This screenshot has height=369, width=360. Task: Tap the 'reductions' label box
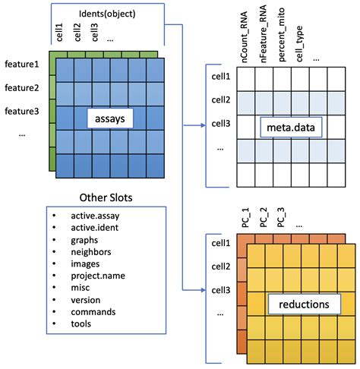pos(303,304)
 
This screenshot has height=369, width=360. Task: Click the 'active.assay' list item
pos(96,215)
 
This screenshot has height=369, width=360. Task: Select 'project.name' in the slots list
pos(99,276)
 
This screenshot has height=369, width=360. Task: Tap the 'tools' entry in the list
pos(81,323)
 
